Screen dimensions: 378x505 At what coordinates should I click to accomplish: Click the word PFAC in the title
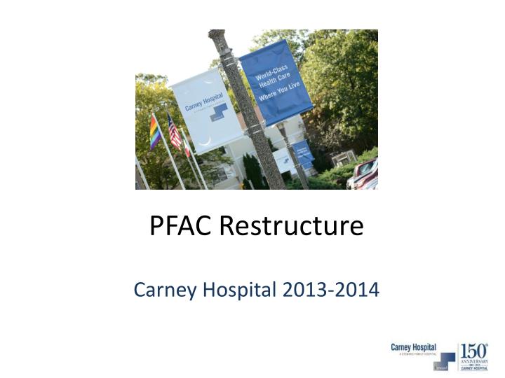(x=181, y=225)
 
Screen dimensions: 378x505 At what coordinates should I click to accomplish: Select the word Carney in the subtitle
(x=160, y=288)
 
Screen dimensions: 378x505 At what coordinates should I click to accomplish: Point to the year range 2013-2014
(x=329, y=288)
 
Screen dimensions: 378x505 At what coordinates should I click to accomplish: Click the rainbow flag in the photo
(x=155, y=132)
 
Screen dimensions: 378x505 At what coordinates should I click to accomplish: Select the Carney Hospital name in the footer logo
(x=413, y=348)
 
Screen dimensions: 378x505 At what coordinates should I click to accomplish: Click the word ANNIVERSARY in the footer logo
(x=473, y=361)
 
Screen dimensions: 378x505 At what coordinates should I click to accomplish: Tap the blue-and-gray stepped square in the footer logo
(x=444, y=361)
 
